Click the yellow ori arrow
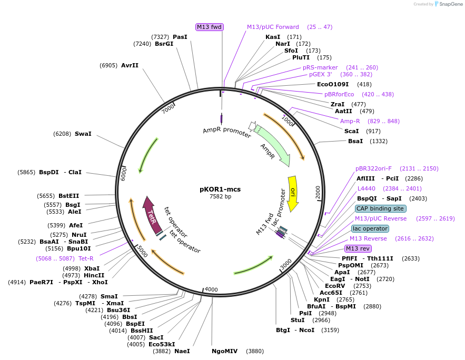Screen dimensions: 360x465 [293, 193]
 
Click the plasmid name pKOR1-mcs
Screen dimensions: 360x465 [220, 189]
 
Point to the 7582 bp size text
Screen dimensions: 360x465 [220, 196]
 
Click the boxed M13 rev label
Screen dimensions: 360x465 [358, 248]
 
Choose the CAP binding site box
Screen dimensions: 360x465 [379, 208]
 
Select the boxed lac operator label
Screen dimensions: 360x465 [370, 228]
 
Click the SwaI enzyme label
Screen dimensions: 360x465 [83, 134]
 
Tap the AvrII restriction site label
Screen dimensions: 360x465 [130, 65]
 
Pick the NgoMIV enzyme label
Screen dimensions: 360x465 [225, 351]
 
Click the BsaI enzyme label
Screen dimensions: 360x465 [355, 141]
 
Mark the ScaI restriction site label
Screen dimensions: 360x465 [351, 131]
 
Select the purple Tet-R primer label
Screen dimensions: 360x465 [86, 258]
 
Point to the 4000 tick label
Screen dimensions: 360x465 [211, 289]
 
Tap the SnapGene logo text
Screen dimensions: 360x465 [449, 4]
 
